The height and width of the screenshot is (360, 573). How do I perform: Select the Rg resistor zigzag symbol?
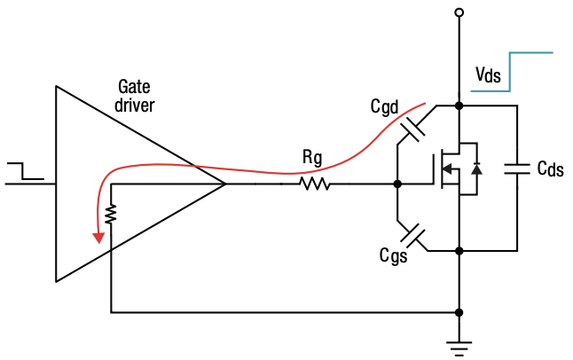pyautogui.click(x=314, y=184)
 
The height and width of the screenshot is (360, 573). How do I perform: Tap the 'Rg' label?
pyautogui.click(x=312, y=159)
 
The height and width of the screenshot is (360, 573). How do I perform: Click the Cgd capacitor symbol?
pyautogui.click(x=413, y=130)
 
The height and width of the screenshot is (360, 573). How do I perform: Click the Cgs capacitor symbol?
pyautogui.click(x=413, y=236)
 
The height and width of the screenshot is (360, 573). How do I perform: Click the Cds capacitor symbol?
pyautogui.click(x=515, y=168)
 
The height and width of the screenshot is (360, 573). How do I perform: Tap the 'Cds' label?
pyautogui.click(x=550, y=168)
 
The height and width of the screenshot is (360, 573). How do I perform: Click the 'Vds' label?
pyautogui.click(x=487, y=76)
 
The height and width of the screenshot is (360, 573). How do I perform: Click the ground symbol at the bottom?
pyautogui.click(x=459, y=346)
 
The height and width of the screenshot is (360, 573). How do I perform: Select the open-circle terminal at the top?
pyautogui.click(x=459, y=12)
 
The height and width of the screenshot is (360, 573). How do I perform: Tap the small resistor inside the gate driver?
pyautogui.click(x=111, y=215)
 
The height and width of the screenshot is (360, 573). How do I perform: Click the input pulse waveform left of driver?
pyautogui.click(x=25, y=172)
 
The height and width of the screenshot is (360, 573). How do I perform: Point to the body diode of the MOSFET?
pyautogui.click(x=476, y=168)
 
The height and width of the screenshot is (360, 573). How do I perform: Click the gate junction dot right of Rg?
pyautogui.click(x=397, y=184)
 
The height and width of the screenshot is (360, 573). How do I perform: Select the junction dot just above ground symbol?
pyautogui.click(x=459, y=312)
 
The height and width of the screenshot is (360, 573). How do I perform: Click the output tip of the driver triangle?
pyautogui.click(x=225, y=184)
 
